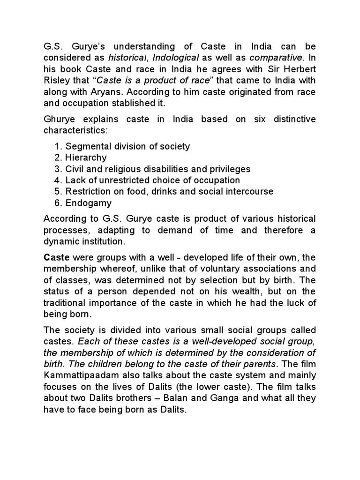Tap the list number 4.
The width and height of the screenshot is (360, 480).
(x=59, y=180)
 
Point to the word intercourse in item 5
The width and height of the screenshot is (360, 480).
(x=249, y=191)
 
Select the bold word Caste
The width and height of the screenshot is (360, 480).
(x=56, y=258)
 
